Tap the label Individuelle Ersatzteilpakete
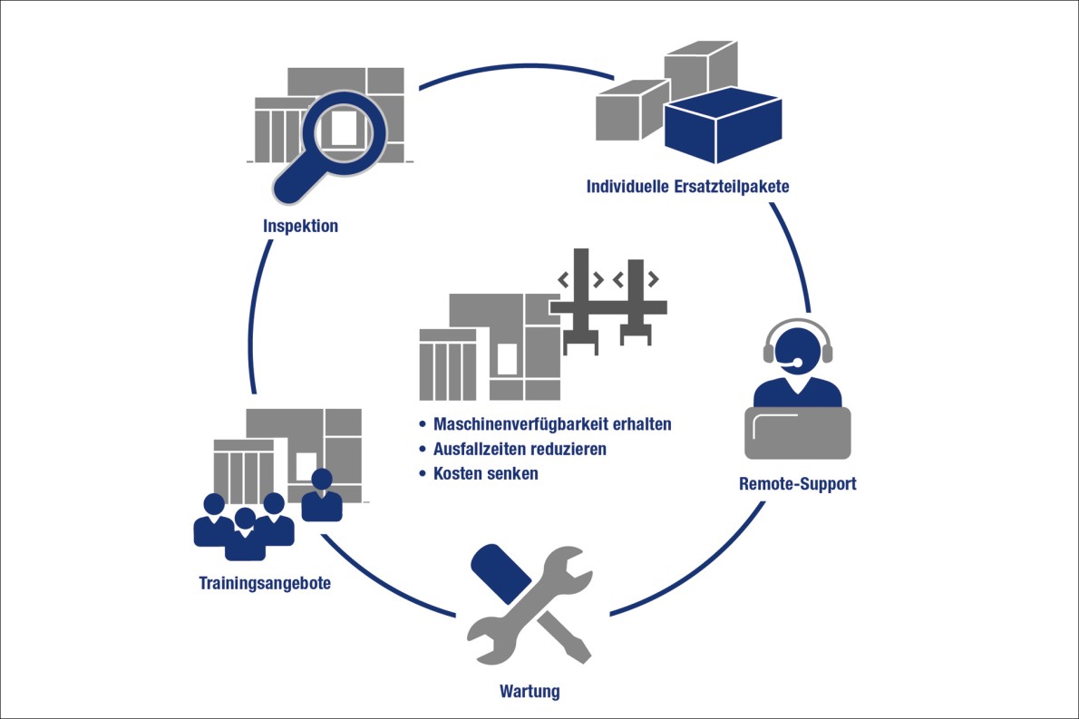tap(688, 188)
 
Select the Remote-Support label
tap(797, 483)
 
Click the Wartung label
tap(530, 693)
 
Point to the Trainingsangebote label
tap(265, 583)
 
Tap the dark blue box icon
tap(722, 130)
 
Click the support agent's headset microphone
tap(795, 364)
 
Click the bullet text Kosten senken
tap(485, 473)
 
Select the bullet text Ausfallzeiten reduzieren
tap(520, 449)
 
